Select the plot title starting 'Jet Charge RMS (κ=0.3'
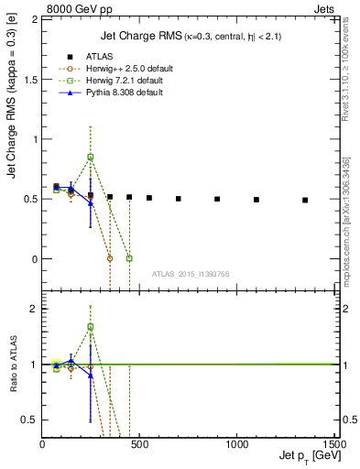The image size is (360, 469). (190, 36)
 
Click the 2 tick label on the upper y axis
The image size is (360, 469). (36, 20)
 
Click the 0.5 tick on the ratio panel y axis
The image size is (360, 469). (30, 420)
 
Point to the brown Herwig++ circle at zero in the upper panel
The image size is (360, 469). (110, 258)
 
